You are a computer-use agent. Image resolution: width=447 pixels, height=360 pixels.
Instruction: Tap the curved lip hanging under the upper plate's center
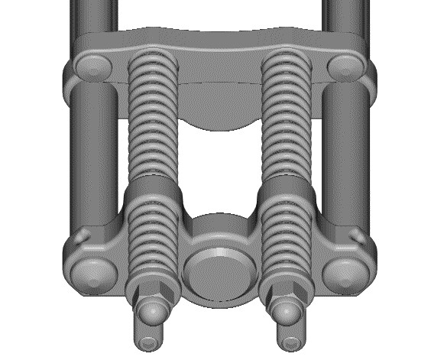tap(218, 115)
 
